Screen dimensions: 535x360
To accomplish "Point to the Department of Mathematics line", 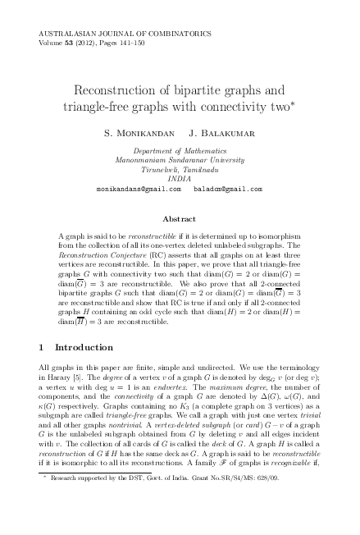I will point(180,152).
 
